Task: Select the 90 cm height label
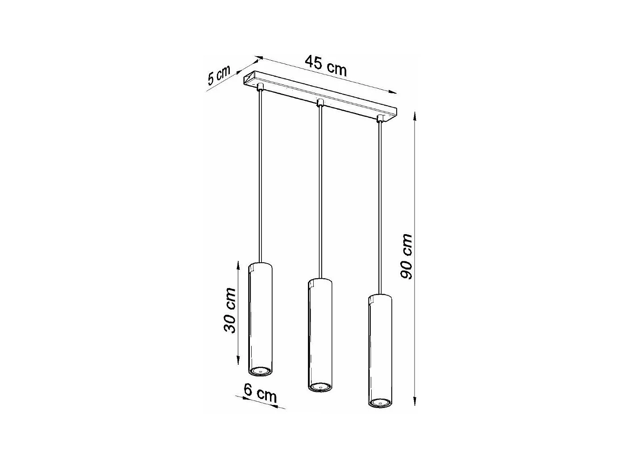coord(406,256)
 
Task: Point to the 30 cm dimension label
coord(230,310)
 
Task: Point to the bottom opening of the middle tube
coord(320,387)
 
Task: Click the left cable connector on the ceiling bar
coord(260,86)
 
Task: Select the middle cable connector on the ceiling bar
coord(319,103)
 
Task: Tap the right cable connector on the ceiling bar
coord(380,118)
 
